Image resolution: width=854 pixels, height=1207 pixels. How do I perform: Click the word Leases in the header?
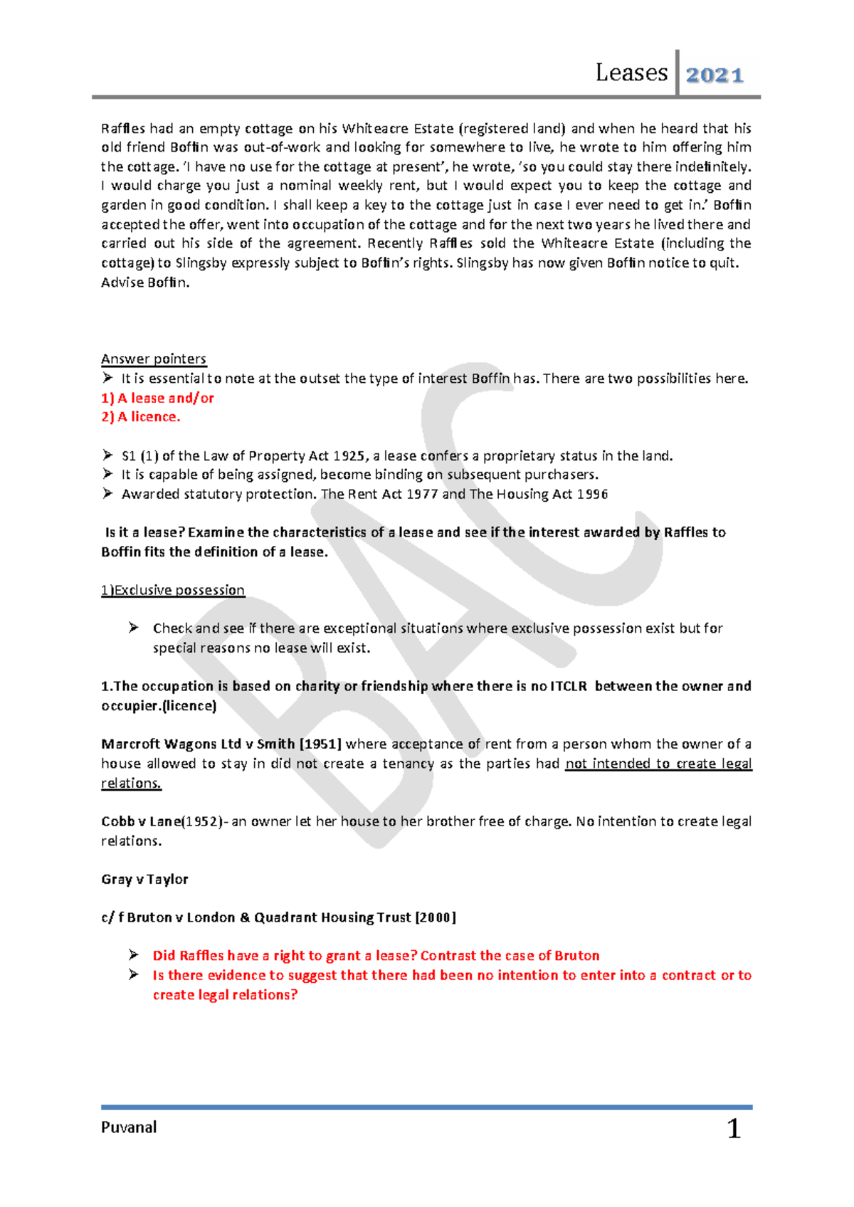[631, 73]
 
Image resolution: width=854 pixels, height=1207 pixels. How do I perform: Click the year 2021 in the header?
[715, 75]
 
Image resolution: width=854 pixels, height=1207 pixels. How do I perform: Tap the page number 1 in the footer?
[734, 1129]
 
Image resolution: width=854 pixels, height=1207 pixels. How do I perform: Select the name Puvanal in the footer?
[129, 1127]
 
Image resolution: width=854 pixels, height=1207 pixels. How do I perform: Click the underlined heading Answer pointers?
[154, 359]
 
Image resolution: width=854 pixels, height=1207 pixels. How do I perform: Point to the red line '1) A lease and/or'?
[157, 398]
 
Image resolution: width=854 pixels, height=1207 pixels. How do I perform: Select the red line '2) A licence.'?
[141, 417]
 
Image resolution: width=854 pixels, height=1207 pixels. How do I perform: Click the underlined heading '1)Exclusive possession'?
[173, 590]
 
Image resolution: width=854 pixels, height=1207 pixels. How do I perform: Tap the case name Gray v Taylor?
[144, 879]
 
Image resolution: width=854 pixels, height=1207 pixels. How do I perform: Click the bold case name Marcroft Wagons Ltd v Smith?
[198, 744]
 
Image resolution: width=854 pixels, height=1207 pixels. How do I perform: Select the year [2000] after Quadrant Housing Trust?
[435, 917]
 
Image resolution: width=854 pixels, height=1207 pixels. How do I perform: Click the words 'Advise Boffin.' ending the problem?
[145, 282]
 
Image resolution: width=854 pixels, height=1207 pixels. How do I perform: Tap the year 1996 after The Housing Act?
[592, 494]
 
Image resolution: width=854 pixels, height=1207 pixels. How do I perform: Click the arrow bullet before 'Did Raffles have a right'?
[133, 955]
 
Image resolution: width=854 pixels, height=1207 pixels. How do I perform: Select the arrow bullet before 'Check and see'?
[133, 628]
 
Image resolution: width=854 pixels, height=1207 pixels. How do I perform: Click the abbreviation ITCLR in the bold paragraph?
[569, 686]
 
